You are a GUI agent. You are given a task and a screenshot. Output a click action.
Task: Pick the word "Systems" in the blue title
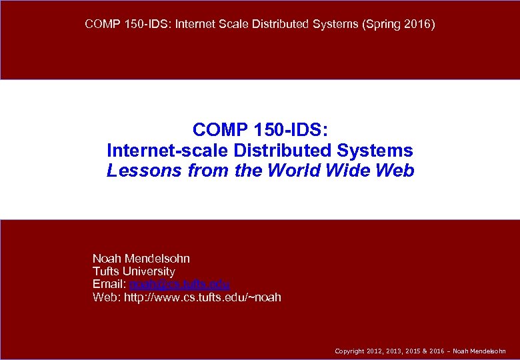379,150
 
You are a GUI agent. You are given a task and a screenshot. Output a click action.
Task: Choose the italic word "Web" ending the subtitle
395,171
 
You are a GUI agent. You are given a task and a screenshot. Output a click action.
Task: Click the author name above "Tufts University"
141,258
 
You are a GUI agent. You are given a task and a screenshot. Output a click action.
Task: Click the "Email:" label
109,284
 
